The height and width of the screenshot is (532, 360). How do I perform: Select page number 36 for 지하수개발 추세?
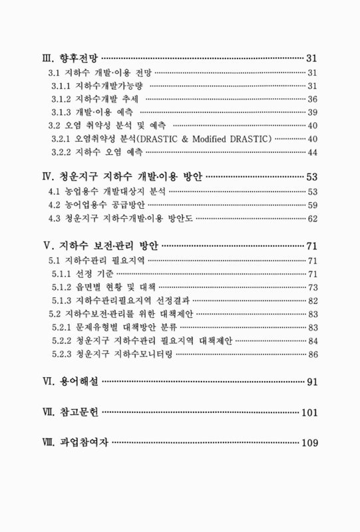pos(312,98)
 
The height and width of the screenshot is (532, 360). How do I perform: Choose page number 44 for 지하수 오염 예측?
pos(312,152)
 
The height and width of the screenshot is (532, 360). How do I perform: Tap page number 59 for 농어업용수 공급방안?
pos(312,205)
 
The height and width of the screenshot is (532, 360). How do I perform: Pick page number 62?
pos(312,219)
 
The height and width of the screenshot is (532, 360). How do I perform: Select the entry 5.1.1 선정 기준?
pos(83,273)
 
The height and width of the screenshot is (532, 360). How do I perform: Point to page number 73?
pos(312,287)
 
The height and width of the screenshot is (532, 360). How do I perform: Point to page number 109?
pos(309,442)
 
